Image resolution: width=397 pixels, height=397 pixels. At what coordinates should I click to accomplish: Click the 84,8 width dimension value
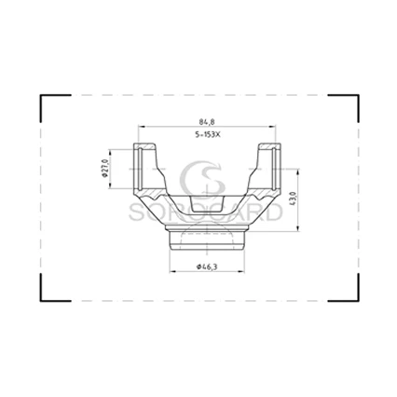(207, 122)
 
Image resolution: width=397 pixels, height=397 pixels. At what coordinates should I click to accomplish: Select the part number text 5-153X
(207, 135)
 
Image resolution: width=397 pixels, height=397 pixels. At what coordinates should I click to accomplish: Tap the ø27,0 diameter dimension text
(104, 169)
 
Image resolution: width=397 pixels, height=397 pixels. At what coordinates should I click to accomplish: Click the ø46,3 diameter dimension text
(207, 267)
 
